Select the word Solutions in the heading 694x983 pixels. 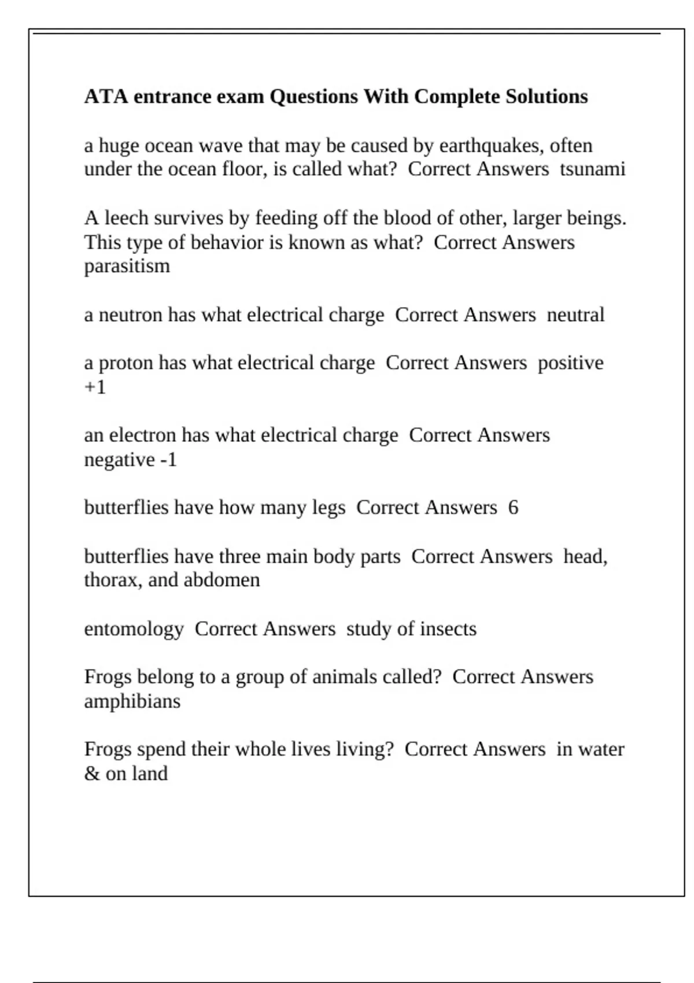547,96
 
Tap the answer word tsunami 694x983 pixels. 592,169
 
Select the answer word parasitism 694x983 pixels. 127,266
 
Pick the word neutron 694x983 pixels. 131,315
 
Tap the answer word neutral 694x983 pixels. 575,315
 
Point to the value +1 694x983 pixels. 95,387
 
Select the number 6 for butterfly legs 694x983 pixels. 513,508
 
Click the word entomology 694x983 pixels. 134,629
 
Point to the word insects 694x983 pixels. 448,629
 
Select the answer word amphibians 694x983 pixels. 132,701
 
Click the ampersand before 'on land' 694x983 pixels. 91,774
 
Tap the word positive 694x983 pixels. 570,363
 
